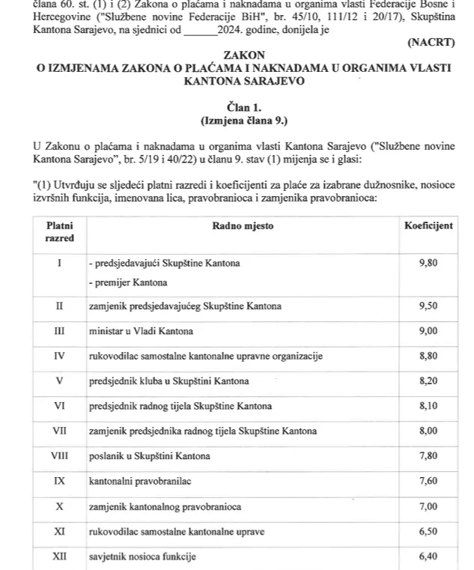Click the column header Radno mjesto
pyautogui.click(x=243, y=225)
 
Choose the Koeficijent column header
pyautogui.click(x=428, y=225)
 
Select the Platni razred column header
pyautogui.click(x=60, y=231)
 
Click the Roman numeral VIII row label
pyautogui.click(x=60, y=455)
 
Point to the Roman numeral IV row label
pyautogui.click(x=60, y=356)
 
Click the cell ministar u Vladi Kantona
pyautogui.click(x=141, y=331)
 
